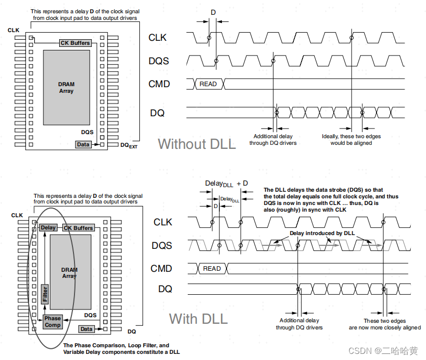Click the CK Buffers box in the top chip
(75, 43)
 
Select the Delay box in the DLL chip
(48, 228)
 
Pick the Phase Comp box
(53, 322)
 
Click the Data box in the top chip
(83, 145)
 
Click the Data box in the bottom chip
(87, 329)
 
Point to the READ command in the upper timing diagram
(208, 84)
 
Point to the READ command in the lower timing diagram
(212, 269)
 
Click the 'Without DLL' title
(197, 144)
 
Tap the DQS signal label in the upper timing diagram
(159, 61)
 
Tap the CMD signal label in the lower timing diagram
(161, 269)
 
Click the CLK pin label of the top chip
(14, 31)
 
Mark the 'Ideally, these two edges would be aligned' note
(351, 140)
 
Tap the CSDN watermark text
(383, 351)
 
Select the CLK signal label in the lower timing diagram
(163, 222)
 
